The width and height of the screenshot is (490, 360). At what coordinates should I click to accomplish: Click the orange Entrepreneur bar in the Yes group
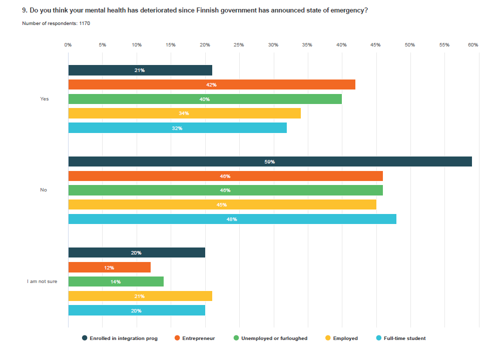click(x=211, y=84)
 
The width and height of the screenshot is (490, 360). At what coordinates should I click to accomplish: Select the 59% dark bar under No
click(x=270, y=161)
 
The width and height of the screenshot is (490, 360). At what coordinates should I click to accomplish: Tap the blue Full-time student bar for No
click(x=232, y=219)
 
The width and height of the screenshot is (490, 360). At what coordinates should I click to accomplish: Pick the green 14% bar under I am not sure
click(x=116, y=281)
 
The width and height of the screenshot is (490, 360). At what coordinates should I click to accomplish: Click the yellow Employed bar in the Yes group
click(x=184, y=113)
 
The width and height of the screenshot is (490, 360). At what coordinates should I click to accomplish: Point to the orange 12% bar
click(x=109, y=267)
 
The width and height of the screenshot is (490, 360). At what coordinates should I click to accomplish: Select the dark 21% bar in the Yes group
click(x=140, y=70)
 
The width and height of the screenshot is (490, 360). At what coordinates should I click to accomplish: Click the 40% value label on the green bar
click(x=205, y=99)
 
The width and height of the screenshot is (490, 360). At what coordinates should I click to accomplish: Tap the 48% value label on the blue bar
click(x=232, y=219)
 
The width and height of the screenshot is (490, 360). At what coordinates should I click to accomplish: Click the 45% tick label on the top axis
click(x=375, y=45)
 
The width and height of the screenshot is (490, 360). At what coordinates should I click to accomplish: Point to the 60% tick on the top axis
click(x=472, y=45)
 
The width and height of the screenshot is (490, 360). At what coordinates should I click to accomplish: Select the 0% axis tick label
click(x=68, y=45)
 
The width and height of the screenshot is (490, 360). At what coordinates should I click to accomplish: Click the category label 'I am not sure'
click(x=42, y=281)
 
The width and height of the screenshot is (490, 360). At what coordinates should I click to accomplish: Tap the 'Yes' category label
click(x=45, y=99)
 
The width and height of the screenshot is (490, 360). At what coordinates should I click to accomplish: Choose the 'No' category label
click(x=44, y=190)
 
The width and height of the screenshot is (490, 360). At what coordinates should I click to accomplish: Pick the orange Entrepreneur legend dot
click(x=177, y=338)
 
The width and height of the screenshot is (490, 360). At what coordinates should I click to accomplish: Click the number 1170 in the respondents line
click(x=85, y=23)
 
